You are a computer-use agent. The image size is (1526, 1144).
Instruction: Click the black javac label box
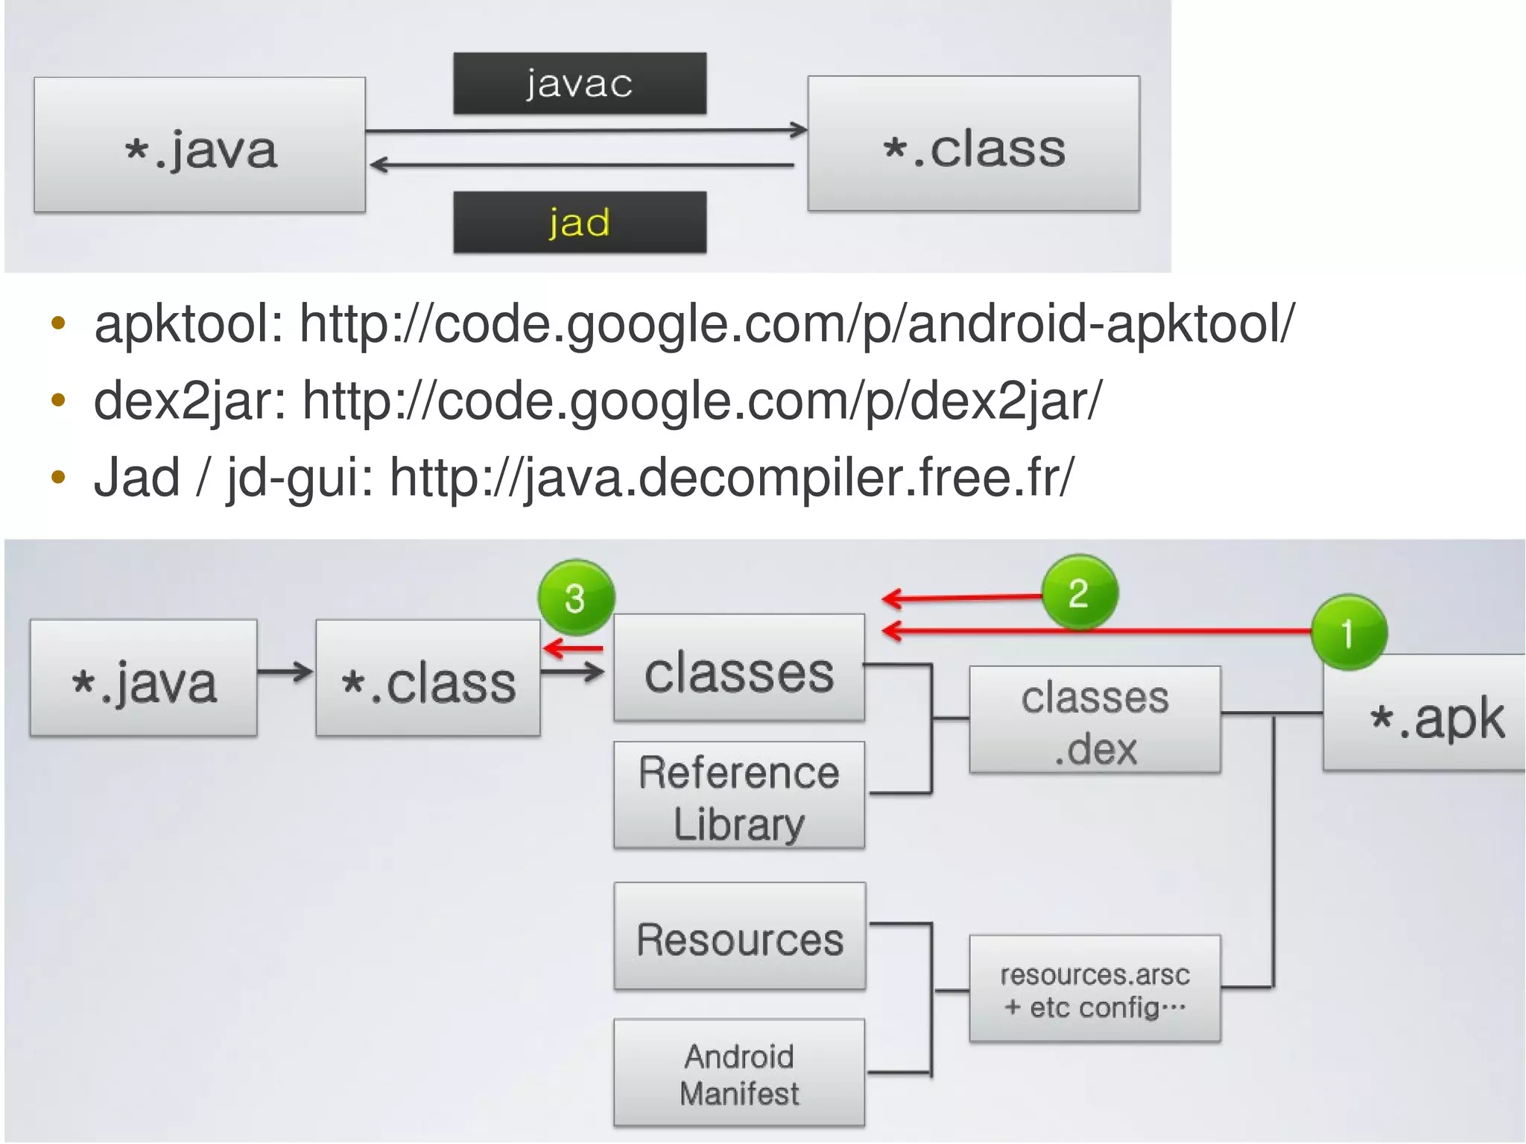coord(580,83)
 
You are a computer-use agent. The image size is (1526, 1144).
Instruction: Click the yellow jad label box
coord(580,222)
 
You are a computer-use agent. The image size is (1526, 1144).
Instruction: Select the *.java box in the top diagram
coord(200,145)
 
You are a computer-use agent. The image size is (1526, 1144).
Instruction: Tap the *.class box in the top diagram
coord(974,143)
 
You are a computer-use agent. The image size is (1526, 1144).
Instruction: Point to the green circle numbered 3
coord(576,598)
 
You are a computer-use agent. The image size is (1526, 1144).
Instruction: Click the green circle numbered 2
coord(1079,593)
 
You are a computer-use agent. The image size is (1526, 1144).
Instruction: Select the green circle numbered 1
coord(1348,633)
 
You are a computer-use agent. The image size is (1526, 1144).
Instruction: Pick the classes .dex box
coord(1095,720)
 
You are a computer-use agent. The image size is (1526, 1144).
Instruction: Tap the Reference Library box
coord(739,795)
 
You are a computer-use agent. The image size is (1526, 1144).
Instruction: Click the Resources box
coord(740,937)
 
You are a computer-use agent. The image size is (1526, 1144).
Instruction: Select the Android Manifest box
coord(739,1073)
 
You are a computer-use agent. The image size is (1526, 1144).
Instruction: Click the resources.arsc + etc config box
coord(1095,989)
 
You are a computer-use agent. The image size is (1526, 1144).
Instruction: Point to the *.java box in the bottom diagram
coord(144,678)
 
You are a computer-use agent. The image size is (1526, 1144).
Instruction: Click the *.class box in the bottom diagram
coord(428,678)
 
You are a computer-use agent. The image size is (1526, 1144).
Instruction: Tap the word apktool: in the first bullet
coord(189,325)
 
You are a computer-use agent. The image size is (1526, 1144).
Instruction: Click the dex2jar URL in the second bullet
coord(701,401)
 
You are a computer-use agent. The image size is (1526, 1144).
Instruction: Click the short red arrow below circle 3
coord(574,648)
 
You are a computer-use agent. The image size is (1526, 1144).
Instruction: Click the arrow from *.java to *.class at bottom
coord(285,671)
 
